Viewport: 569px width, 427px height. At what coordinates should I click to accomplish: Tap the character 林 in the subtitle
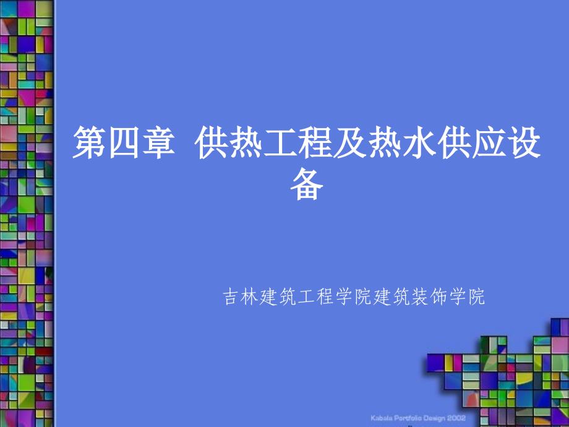(249, 297)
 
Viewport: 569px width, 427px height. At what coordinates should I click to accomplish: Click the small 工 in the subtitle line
(306, 297)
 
